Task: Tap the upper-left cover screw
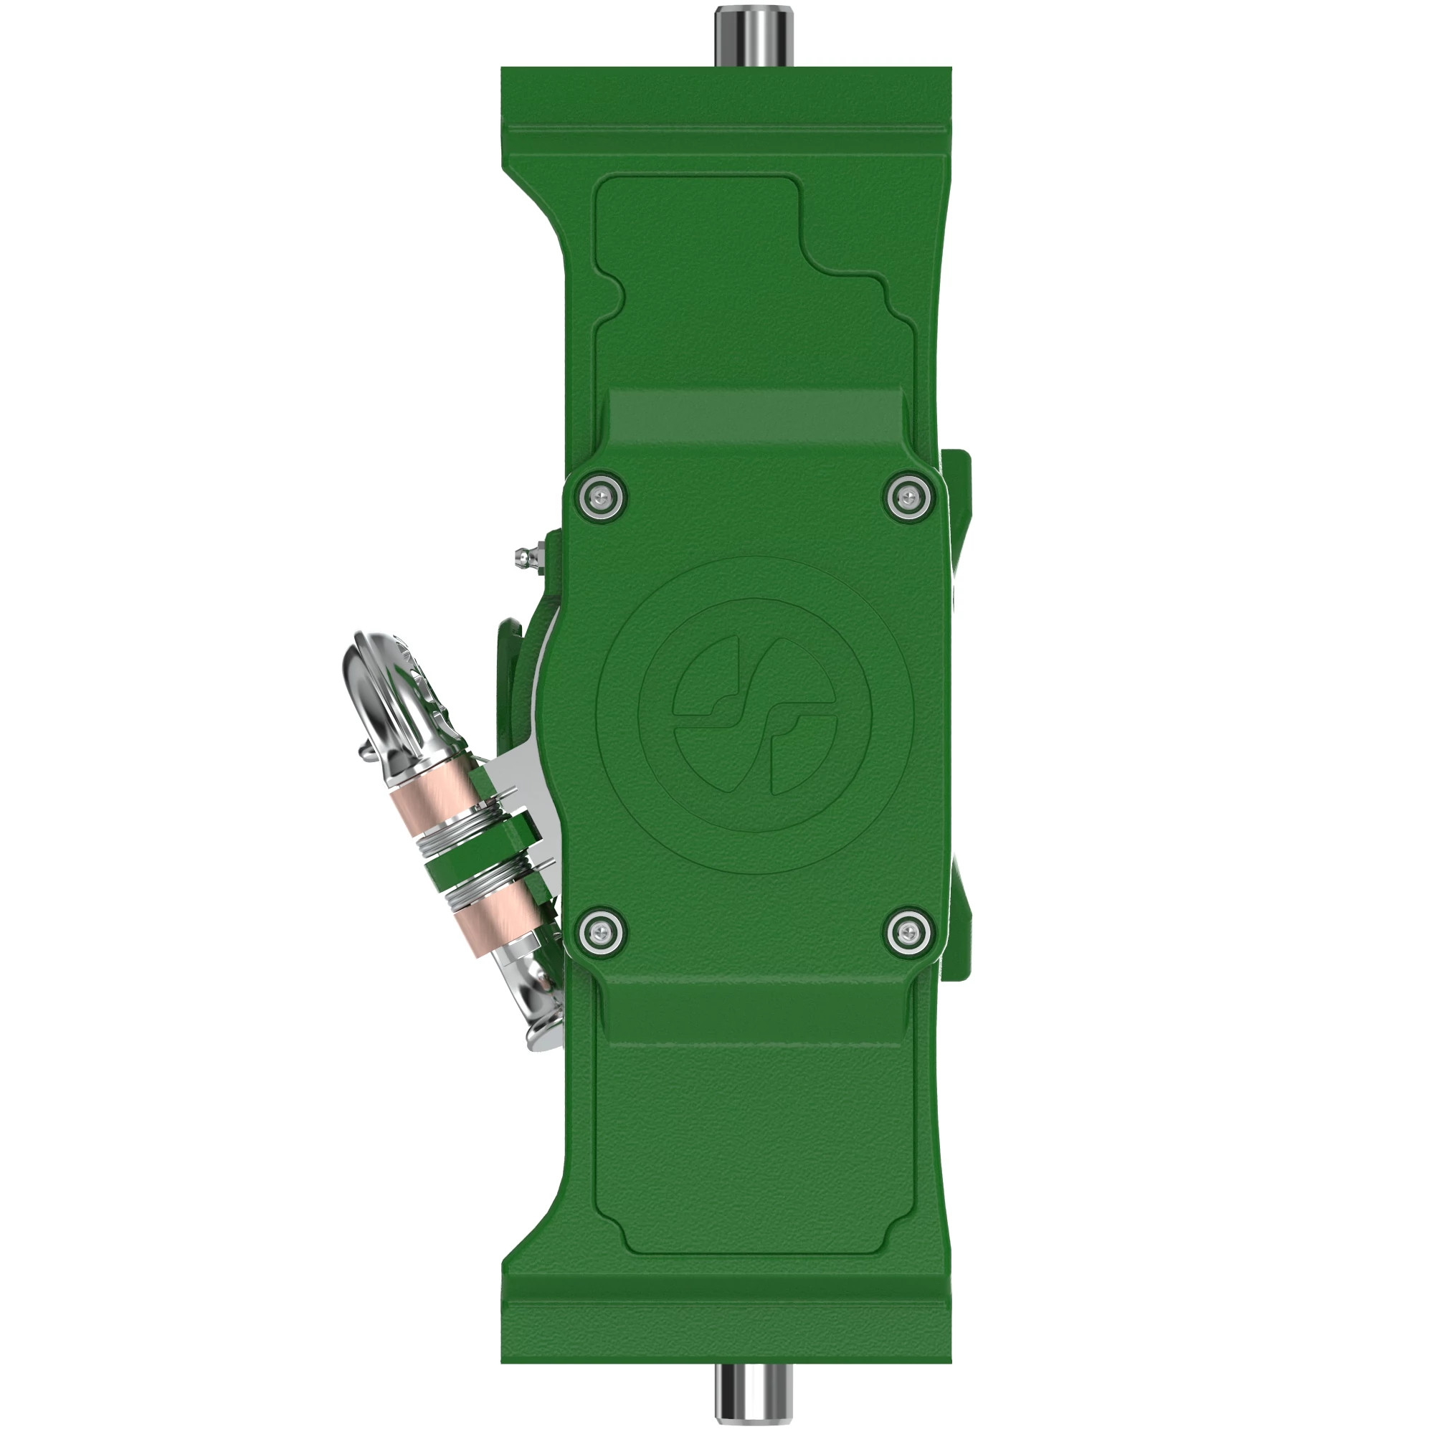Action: click(x=597, y=492)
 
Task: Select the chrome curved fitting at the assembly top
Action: click(x=386, y=690)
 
